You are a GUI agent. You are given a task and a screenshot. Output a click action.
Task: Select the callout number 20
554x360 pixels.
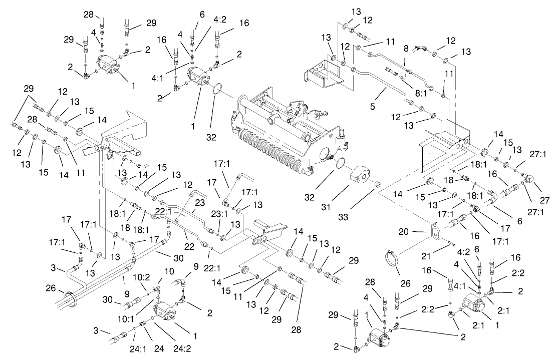(x=417, y=231)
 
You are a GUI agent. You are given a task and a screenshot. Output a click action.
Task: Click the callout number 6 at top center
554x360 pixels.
(x=202, y=15)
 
